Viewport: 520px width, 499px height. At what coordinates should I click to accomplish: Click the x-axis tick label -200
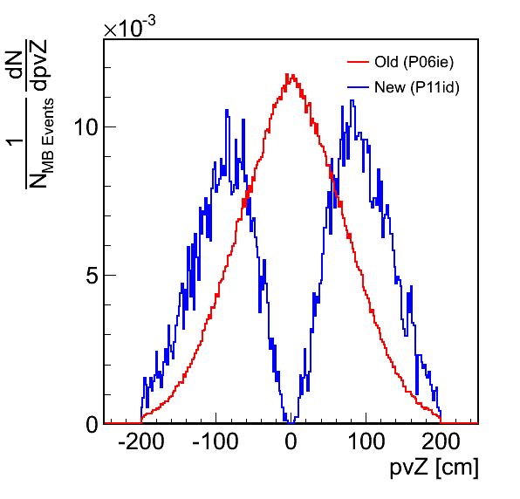141,442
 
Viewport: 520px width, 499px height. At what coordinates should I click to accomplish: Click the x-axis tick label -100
216,442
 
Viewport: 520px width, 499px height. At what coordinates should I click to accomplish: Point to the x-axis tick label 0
291,442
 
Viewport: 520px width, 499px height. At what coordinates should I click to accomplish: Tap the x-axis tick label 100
366,442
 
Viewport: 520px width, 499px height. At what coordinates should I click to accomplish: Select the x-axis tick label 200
441,442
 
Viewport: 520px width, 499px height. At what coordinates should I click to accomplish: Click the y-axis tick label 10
86,126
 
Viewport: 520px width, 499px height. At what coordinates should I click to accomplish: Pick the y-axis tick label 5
92,275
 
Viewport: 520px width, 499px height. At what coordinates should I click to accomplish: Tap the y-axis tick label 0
92,424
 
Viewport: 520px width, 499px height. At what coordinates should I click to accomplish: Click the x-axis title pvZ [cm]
434,468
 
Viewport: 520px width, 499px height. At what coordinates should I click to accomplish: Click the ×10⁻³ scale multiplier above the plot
129,26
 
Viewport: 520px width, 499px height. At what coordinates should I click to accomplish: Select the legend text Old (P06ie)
414,62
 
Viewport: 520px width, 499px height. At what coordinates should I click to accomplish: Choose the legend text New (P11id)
417,87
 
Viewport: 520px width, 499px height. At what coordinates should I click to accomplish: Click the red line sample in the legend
359,62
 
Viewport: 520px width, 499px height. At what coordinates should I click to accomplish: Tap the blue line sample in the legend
359,87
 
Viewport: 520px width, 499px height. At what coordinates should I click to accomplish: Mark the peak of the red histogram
287,74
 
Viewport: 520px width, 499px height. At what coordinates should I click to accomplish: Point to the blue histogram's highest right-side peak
352,100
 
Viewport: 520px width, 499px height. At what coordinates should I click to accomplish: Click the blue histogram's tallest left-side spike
227,110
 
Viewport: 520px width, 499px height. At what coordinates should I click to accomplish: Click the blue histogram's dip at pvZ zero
291,422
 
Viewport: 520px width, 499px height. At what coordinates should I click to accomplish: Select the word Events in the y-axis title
48,121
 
